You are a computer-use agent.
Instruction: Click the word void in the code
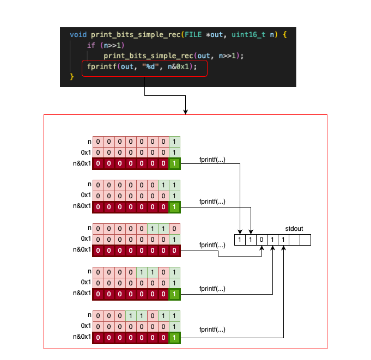78,35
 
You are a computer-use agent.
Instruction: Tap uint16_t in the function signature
248,35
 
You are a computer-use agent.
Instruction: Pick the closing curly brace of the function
71,77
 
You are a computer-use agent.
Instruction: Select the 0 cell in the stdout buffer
261,239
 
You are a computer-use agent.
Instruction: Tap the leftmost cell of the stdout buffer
240,239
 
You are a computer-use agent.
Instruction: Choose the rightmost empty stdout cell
305,239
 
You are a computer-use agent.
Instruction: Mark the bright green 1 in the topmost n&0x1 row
174,163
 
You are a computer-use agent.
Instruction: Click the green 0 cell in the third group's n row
174,229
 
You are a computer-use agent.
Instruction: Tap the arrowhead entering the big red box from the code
186,112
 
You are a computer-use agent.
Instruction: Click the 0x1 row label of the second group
86,196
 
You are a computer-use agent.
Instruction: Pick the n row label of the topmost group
88,142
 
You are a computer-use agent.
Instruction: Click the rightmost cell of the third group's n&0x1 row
174,250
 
